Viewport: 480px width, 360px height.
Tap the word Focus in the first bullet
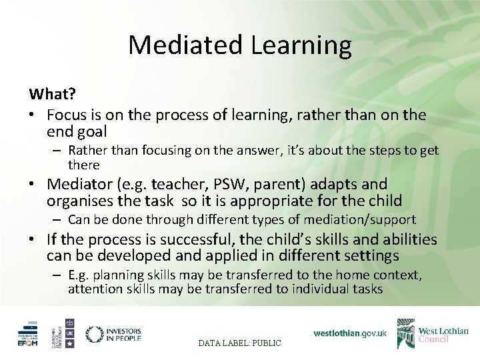click(x=69, y=115)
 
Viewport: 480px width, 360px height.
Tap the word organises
click(x=79, y=201)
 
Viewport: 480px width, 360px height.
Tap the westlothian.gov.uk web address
click(x=350, y=333)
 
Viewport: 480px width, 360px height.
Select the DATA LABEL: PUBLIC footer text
click(x=240, y=343)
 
